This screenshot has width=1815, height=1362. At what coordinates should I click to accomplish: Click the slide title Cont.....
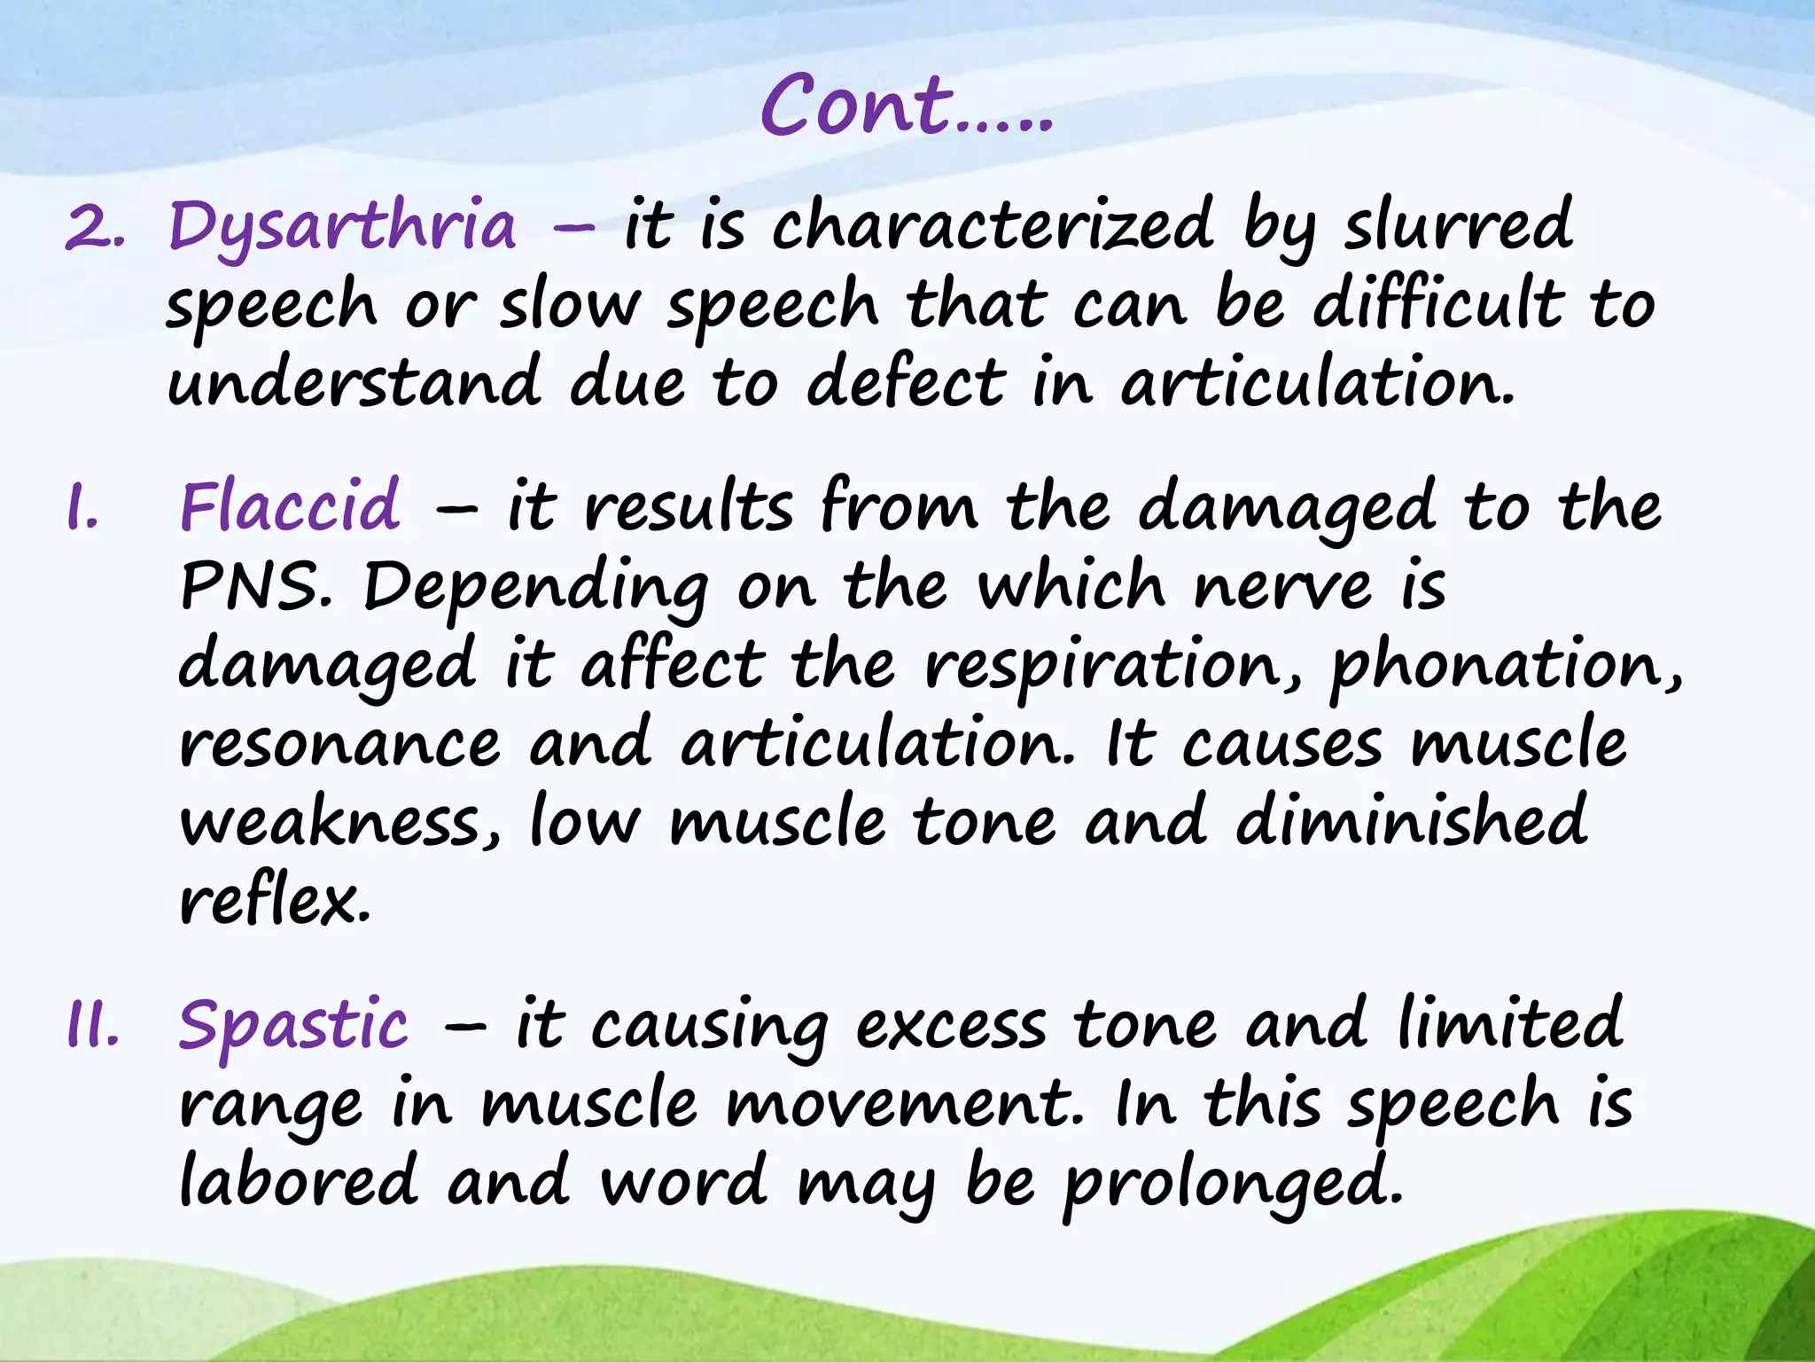(x=906, y=106)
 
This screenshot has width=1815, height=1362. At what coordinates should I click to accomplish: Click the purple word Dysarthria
(x=342, y=227)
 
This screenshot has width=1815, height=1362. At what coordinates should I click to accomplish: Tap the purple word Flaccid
(x=290, y=506)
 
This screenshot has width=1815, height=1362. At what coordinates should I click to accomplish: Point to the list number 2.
(x=94, y=229)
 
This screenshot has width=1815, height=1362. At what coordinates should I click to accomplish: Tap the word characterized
(x=992, y=225)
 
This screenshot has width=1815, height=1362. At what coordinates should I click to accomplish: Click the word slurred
(x=1458, y=225)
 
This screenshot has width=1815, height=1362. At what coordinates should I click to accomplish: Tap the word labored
(x=298, y=1181)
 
